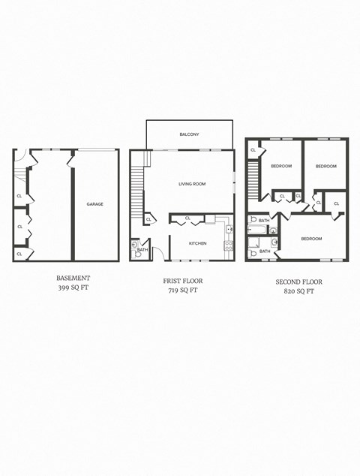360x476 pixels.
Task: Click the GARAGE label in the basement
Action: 94,204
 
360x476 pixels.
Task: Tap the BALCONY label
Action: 189,134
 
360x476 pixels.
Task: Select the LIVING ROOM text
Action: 192,184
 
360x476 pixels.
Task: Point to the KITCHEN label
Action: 197,243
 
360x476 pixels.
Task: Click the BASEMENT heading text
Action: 73,278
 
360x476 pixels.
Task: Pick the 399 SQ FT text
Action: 73,288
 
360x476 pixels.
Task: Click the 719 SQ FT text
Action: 183,290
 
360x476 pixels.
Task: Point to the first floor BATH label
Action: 142,250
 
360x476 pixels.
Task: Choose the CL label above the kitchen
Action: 187,218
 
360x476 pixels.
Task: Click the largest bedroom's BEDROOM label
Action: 311,239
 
